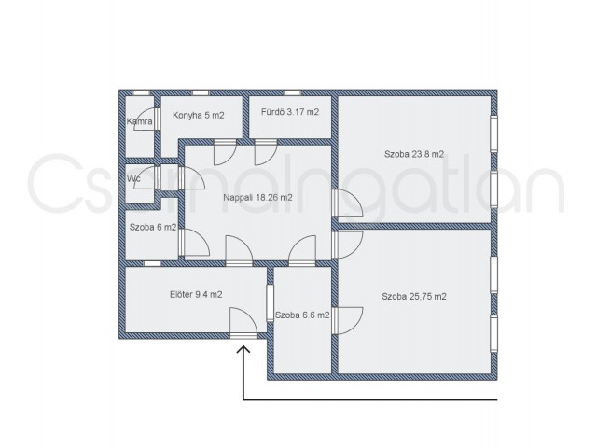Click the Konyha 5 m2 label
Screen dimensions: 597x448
pyautogui.click(x=199, y=115)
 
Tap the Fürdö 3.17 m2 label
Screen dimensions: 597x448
pyautogui.click(x=290, y=112)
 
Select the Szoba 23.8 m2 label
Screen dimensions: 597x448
pyautogui.click(x=414, y=154)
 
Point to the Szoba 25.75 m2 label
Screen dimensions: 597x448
pyautogui.click(x=414, y=297)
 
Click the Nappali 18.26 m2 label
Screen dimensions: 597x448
pyautogui.click(x=257, y=198)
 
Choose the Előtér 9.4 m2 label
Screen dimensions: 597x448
pyautogui.click(x=196, y=295)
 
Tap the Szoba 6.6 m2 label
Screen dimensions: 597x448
pyautogui.click(x=302, y=315)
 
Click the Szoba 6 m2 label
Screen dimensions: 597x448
pyautogui.click(x=153, y=228)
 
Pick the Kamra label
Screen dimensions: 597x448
pyautogui.click(x=140, y=122)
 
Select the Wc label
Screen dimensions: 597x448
pyautogui.click(x=133, y=178)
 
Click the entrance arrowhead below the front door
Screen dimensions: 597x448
pyautogui.click(x=243, y=350)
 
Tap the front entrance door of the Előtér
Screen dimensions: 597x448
pyautogui.click(x=243, y=322)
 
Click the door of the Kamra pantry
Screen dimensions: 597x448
pyautogui.click(x=146, y=119)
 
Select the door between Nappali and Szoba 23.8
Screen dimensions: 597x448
pyautogui.click(x=347, y=203)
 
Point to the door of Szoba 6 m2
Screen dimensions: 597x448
pyautogui.click(x=194, y=243)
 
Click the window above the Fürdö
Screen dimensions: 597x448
pyautogui.click(x=292, y=92)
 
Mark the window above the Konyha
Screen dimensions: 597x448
pyautogui.click(x=200, y=92)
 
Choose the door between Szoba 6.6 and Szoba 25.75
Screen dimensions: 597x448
pyautogui.click(x=347, y=321)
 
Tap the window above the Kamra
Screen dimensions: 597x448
pyautogui.click(x=141, y=92)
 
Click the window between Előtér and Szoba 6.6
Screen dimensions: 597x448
pyautogui.click(x=270, y=302)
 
